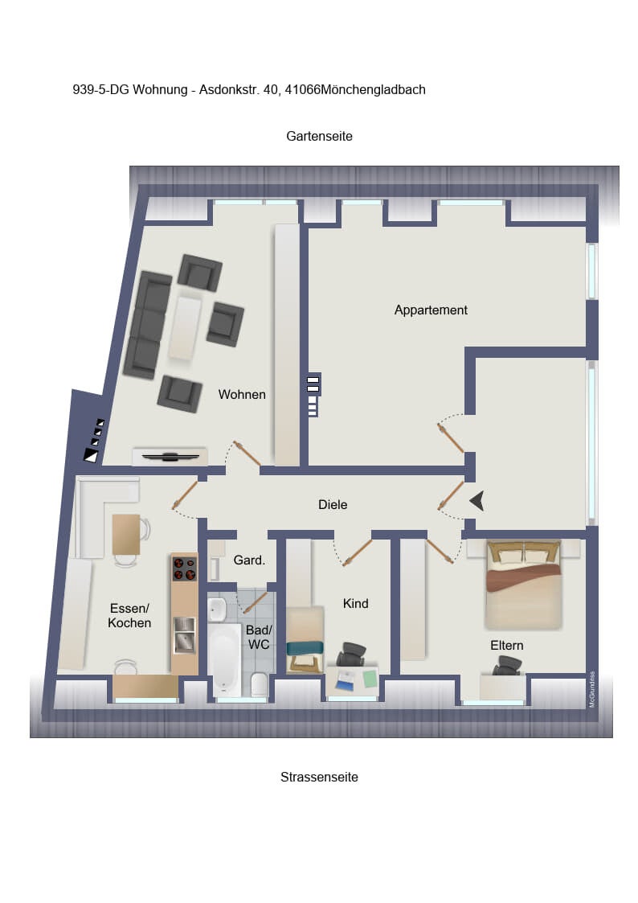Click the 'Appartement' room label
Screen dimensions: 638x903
[x=431, y=310]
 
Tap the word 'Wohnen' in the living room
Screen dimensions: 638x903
[x=242, y=395]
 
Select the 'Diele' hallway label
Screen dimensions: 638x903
[x=333, y=504]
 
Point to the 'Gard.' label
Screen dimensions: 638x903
[x=249, y=560]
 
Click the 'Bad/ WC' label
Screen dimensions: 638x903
[x=259, y=637]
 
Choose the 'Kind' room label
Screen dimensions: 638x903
[x=355, y=604]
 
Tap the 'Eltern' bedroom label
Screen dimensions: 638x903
[x=507, y=646]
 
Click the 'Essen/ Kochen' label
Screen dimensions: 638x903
[x=129, y=616]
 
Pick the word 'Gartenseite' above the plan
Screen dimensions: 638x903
[x=319, y=137]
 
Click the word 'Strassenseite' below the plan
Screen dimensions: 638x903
[x=319, y=777]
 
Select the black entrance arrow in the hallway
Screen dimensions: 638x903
[x=477, y=501]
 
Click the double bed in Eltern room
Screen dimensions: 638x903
[x=524, y=584]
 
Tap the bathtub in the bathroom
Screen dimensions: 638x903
[x=224, y=659]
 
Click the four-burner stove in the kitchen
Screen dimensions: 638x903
[x=185, y=568]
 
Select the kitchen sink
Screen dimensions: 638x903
[x=185, y=635]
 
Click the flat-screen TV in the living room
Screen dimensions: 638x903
[x=170, y=458]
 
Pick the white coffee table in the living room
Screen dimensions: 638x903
[x=186, y=328]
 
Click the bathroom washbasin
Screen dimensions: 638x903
[x=217, y=610]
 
